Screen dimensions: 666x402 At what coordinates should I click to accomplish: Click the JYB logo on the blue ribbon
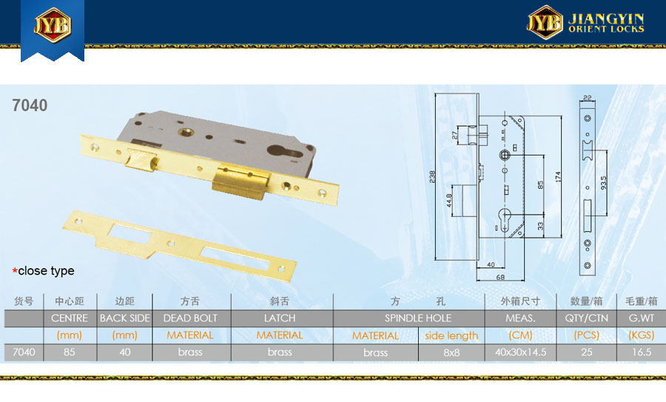[53, 25]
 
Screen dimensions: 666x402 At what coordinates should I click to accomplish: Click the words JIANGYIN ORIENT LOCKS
[606, 23]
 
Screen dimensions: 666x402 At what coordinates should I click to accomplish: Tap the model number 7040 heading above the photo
[30, 105]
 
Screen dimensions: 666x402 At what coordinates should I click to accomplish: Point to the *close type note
[44, 271]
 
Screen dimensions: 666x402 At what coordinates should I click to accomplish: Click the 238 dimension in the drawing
[432, 176]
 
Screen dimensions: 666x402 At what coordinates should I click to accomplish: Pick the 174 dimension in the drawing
[558, 177]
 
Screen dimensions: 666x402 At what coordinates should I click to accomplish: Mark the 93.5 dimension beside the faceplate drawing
[604, 183]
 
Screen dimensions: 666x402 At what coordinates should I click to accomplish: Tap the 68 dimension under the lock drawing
[500, 277]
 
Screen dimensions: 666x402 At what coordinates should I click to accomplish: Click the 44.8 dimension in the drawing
[449, 200]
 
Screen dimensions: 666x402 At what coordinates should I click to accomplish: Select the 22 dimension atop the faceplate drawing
[587, 98]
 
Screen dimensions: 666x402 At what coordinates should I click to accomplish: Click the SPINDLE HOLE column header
[418, 318]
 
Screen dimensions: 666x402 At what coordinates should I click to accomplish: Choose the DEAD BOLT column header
[190, 318]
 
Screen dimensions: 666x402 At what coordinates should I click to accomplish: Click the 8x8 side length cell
[451, 352]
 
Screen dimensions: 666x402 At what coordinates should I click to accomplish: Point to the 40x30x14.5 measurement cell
[520, 352]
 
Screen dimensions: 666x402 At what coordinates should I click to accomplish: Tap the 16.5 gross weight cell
[642, 352]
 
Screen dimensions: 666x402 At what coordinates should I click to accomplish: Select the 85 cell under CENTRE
[70, 352]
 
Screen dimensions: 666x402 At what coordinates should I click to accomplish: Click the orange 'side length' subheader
[451, 335]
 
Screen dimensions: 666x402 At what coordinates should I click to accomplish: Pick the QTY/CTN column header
[586, 318]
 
